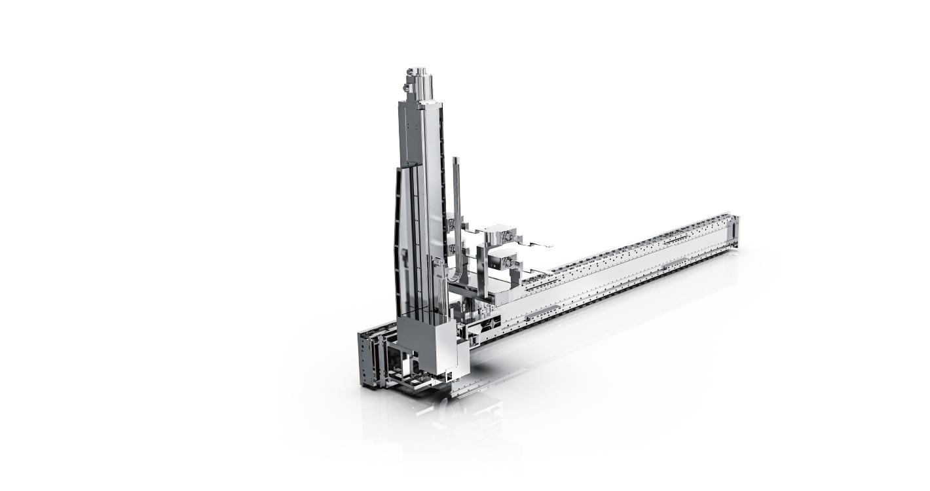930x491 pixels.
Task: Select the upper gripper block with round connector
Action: click(502, 234)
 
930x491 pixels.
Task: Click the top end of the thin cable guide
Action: click(456, 160)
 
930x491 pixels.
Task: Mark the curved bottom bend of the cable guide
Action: click(458, 278)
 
